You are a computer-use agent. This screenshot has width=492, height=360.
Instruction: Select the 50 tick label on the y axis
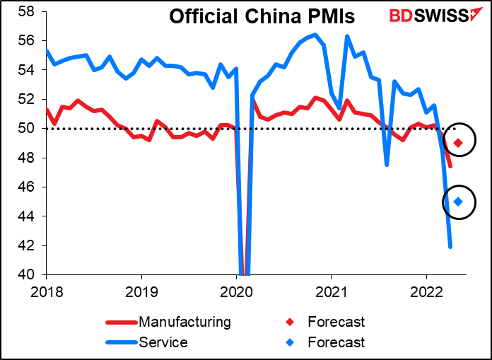pyautogui.click(x=28, y=129)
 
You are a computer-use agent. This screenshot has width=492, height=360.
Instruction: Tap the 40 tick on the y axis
pyautogui.click(x=28, y=274)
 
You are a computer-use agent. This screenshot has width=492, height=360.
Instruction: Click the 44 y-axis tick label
pyautogui.click(x=28, y=216)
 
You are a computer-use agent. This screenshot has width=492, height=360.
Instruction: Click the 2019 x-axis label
pyautogui.click(x=142, y=290)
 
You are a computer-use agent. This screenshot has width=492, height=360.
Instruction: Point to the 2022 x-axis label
pyautogui.click(x=426, y=290)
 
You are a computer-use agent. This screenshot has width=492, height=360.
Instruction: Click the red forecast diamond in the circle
pyautogui.click(x=458, y=143)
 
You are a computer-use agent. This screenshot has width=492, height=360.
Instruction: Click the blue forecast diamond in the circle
pyautogui.click(x=458, y=202)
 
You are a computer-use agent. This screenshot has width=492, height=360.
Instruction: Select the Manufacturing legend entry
pyautogui.click(x=184, y=323)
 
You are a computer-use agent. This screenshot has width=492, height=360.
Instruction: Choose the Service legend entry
pyautogui.click(x=164, y=342)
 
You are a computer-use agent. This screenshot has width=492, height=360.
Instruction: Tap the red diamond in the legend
pyautogui.click(x=291, y=323)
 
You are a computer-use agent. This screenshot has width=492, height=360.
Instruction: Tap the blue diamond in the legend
pyautogui.click(x=291, y=342)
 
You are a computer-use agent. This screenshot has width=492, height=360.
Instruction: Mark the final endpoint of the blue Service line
pyautogui.click(x=450, y=247)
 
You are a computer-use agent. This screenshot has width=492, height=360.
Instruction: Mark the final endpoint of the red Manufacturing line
pyautogui.click(x=450, y=166)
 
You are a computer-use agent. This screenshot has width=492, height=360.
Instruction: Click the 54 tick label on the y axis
pyautogui.click(x=28, y=70)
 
